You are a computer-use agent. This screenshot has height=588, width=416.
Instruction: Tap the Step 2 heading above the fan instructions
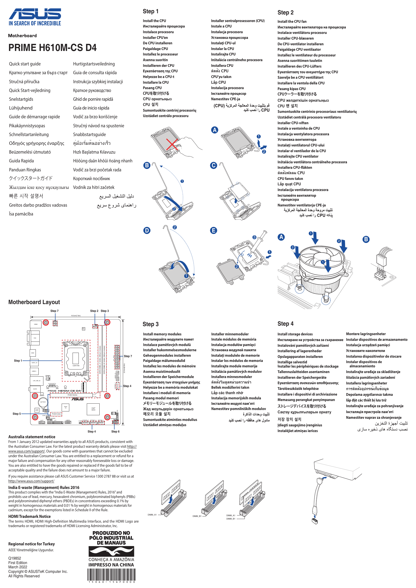[285, 13]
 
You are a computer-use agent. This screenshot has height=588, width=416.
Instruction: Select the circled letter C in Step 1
[213, 165]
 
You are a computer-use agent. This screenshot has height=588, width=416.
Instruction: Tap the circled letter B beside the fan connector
[366, 239]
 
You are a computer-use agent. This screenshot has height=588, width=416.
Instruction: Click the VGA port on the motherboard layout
[35, 338]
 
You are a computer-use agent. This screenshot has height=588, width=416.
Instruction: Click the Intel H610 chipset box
[93, 409]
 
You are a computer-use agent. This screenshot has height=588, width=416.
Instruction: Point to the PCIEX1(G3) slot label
[56, 414]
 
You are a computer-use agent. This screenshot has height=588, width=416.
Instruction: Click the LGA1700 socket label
[76, 365]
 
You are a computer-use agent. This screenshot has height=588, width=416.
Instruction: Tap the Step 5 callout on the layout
[17, 414]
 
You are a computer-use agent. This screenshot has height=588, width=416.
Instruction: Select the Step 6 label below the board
[115, 431]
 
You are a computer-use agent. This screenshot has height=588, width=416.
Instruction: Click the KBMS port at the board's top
[36, 324]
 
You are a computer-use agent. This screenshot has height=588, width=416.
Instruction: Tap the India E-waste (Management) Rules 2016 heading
[44, 487]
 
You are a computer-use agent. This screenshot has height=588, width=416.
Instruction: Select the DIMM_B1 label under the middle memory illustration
[197, 516]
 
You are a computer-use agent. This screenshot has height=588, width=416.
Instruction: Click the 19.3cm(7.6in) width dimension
[76, 315]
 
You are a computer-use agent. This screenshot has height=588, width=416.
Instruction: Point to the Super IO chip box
[66, 407]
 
